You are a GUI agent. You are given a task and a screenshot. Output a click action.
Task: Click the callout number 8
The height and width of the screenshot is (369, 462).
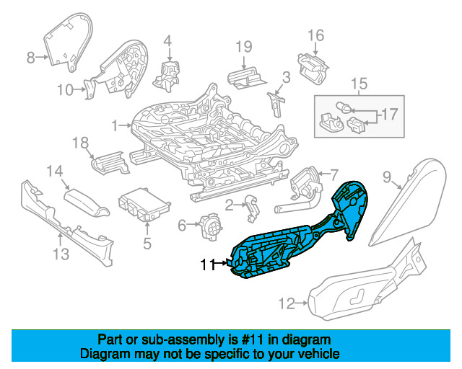(30, 58)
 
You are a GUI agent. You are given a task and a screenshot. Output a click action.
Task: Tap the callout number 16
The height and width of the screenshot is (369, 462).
(316, 35)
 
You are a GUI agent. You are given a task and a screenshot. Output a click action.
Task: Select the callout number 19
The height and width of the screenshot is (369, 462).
(244, 47)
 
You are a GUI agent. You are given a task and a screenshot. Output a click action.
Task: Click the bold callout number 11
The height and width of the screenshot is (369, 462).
(209, 264)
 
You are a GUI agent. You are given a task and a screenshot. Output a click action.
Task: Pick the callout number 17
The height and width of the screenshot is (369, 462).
(390, 114)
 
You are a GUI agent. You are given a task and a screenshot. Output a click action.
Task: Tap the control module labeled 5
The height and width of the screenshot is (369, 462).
(144, 204)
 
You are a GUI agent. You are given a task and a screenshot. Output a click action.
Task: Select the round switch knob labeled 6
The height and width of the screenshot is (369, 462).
(211, 226)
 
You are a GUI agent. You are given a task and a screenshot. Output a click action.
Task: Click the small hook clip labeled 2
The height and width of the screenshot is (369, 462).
(253, 208)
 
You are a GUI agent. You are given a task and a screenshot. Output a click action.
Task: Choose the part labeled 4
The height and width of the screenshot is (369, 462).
(166, 76)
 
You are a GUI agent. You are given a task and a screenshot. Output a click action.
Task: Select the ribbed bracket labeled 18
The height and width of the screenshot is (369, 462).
(110, 163)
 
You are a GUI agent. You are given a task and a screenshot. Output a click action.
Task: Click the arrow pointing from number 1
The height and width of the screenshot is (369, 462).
(125, 125)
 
